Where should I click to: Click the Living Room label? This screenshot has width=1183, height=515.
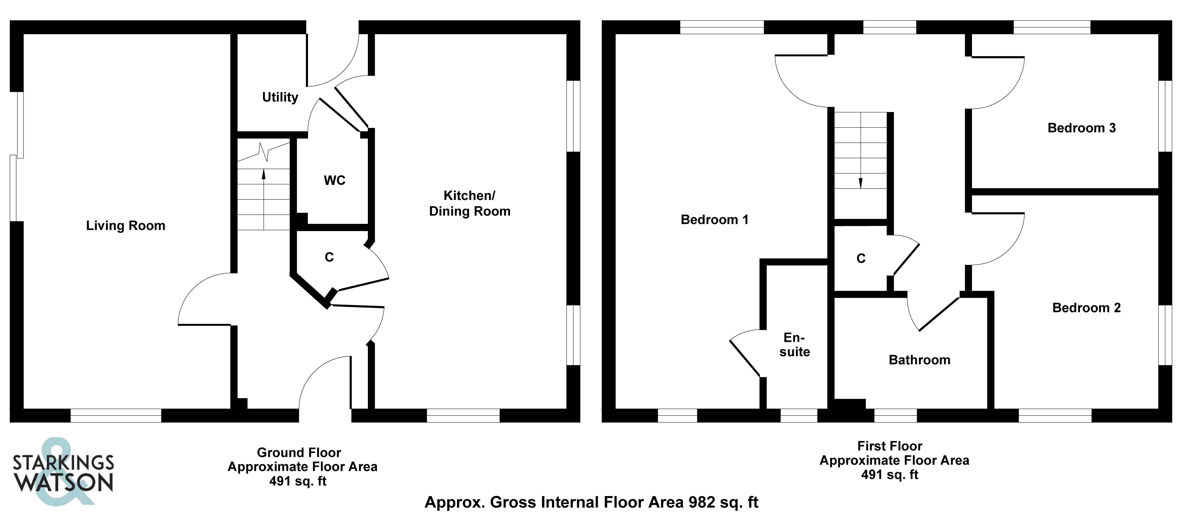[x=125, y=226]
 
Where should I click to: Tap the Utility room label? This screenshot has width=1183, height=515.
[x=280, y=97]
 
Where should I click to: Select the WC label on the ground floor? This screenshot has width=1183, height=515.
[x=334, y=180]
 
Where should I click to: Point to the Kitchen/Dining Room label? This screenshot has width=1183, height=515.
[x=469, y=203]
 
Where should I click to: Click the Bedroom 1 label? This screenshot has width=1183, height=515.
[x=714, y=220]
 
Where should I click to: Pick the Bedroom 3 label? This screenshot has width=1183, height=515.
[x=1081, y=128]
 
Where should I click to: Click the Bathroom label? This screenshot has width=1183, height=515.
[x=919, y=360]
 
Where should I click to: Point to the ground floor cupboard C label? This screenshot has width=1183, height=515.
[x=329, y=257]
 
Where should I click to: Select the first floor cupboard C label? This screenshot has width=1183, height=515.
[x=861, y=259]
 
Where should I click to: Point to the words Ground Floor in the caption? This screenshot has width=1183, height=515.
[x=298, y=453]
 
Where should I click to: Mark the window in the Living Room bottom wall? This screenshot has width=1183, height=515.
[x=116, y=415]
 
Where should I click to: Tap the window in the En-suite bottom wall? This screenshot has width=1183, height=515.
[x=799, y=415]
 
